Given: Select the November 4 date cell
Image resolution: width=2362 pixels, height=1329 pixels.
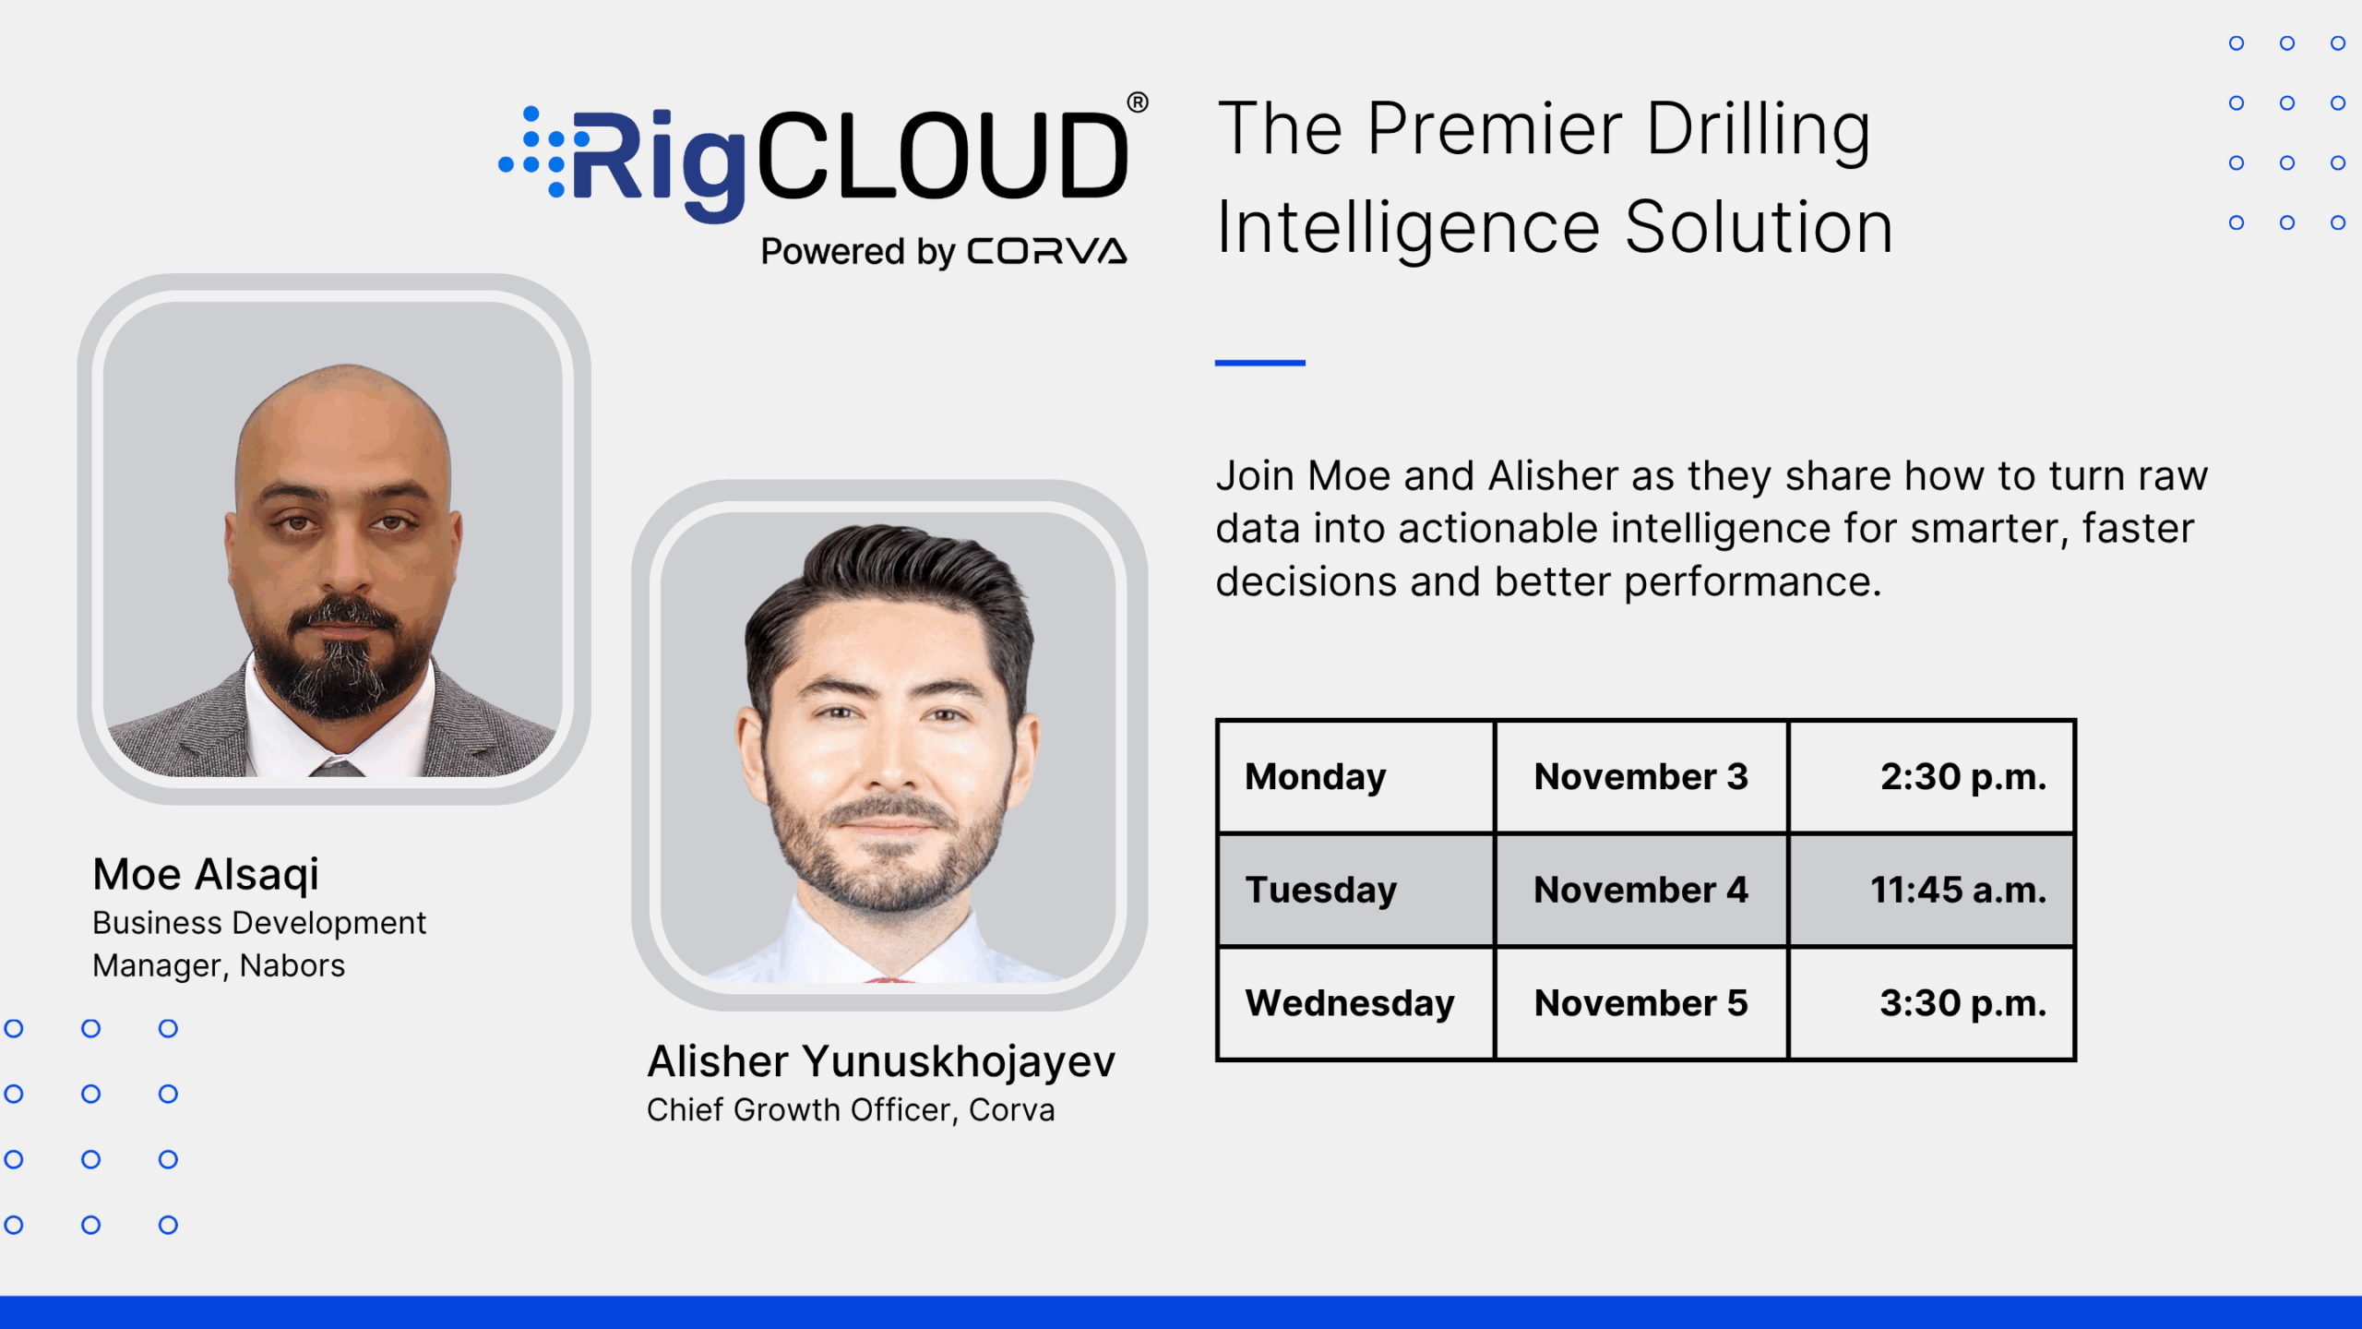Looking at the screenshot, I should pos(1640,891).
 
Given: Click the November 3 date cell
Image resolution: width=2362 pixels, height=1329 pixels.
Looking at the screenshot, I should pos(1640,777).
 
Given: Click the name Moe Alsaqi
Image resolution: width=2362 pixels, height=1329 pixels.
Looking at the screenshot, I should pos(206,874).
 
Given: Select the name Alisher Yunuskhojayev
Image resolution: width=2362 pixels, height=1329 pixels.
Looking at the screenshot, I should pos(881,1061).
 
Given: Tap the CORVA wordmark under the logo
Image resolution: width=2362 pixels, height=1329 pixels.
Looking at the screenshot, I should pos(1047,251).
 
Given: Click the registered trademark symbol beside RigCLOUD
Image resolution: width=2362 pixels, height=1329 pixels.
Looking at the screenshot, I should pos(1138,102).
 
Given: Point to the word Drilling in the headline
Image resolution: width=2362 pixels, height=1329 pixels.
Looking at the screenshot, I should pos(1758,129).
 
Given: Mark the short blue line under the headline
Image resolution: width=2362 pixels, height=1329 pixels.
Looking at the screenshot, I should pos(1259,363).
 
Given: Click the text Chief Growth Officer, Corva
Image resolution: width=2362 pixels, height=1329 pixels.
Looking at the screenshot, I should pos(851,1110).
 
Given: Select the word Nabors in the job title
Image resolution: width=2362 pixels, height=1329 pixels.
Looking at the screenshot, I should pos(292,965).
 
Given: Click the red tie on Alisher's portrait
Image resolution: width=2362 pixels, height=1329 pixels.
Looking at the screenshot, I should pos(889,978).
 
